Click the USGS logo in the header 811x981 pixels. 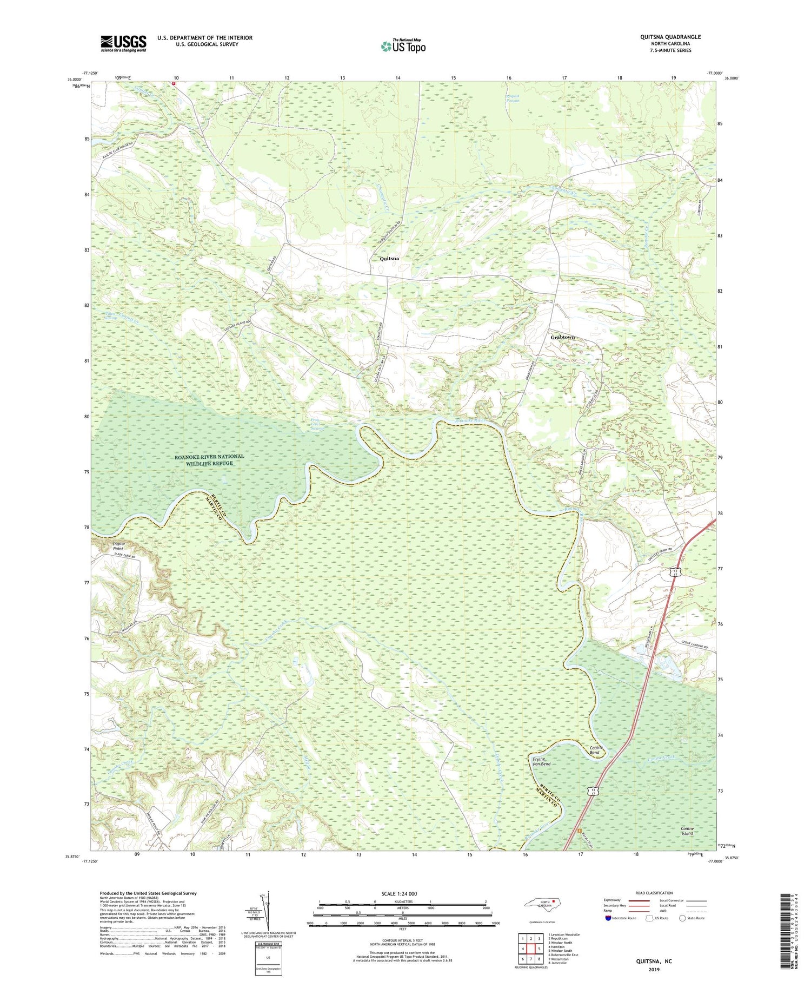[123, 43]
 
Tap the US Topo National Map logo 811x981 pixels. [403, 47]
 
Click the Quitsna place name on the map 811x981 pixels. [389, 259]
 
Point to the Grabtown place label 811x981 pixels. [562, 337]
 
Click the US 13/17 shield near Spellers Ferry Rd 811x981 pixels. [676, 572]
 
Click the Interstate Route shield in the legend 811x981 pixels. [608, 918]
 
